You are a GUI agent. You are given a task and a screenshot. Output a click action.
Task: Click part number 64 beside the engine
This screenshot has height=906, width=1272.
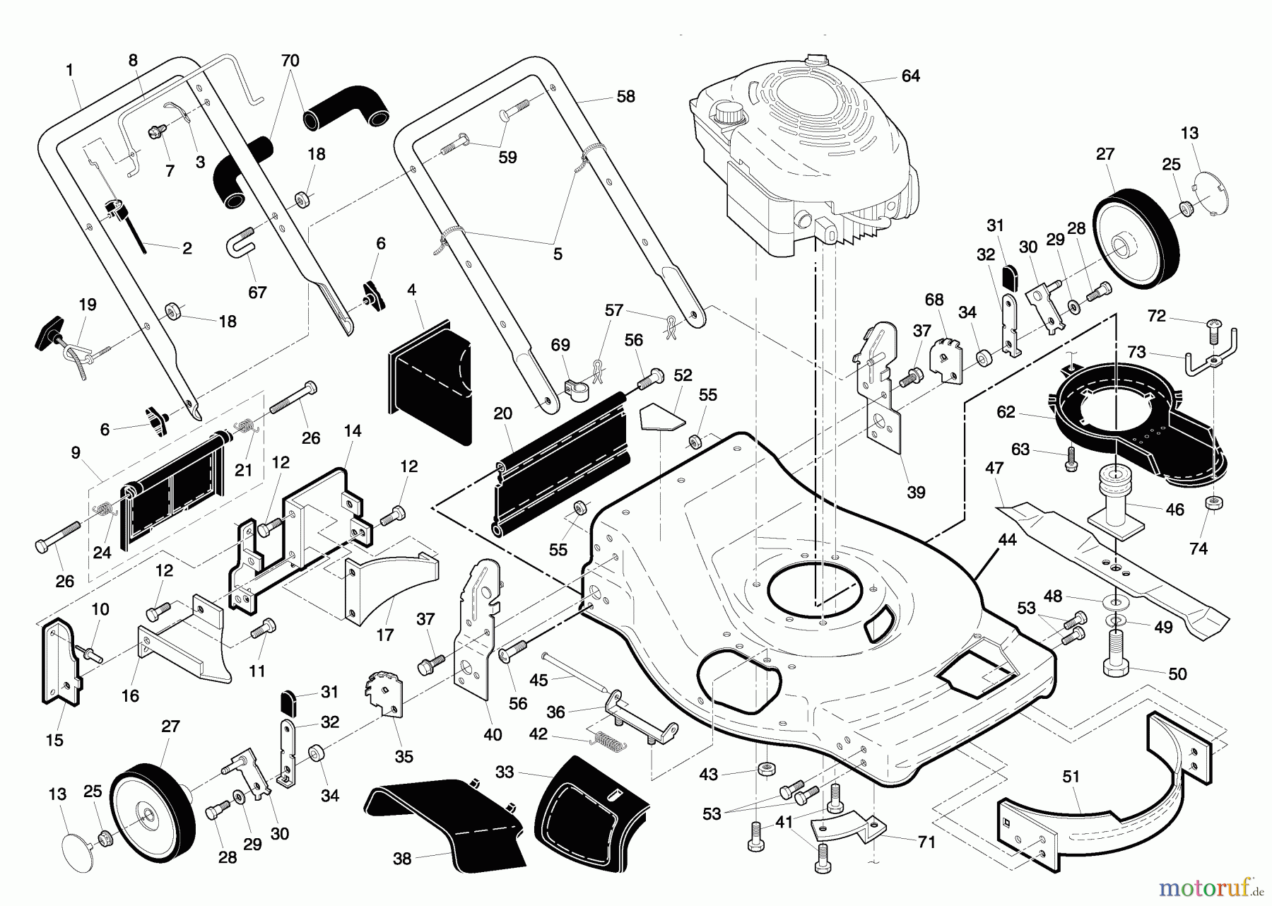[910, 76]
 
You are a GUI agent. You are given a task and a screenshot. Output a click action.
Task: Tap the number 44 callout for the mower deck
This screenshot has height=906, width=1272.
[1007, 540]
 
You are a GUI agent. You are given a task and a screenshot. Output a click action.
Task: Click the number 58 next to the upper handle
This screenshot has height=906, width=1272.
[625, 97]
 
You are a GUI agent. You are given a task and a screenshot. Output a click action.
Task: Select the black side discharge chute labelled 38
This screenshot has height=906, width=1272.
[445, 823]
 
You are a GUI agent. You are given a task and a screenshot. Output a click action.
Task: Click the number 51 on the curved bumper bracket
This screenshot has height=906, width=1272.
[1071, 777]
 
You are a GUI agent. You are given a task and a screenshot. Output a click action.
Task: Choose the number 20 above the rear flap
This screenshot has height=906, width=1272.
[502, 413]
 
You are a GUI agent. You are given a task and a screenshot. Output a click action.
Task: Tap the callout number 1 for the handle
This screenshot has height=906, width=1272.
[69, 70]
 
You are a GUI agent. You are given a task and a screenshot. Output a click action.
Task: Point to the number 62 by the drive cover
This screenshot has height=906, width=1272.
[1006, 412]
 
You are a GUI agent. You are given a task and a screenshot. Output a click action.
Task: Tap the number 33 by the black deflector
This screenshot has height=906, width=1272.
[504, 772]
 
